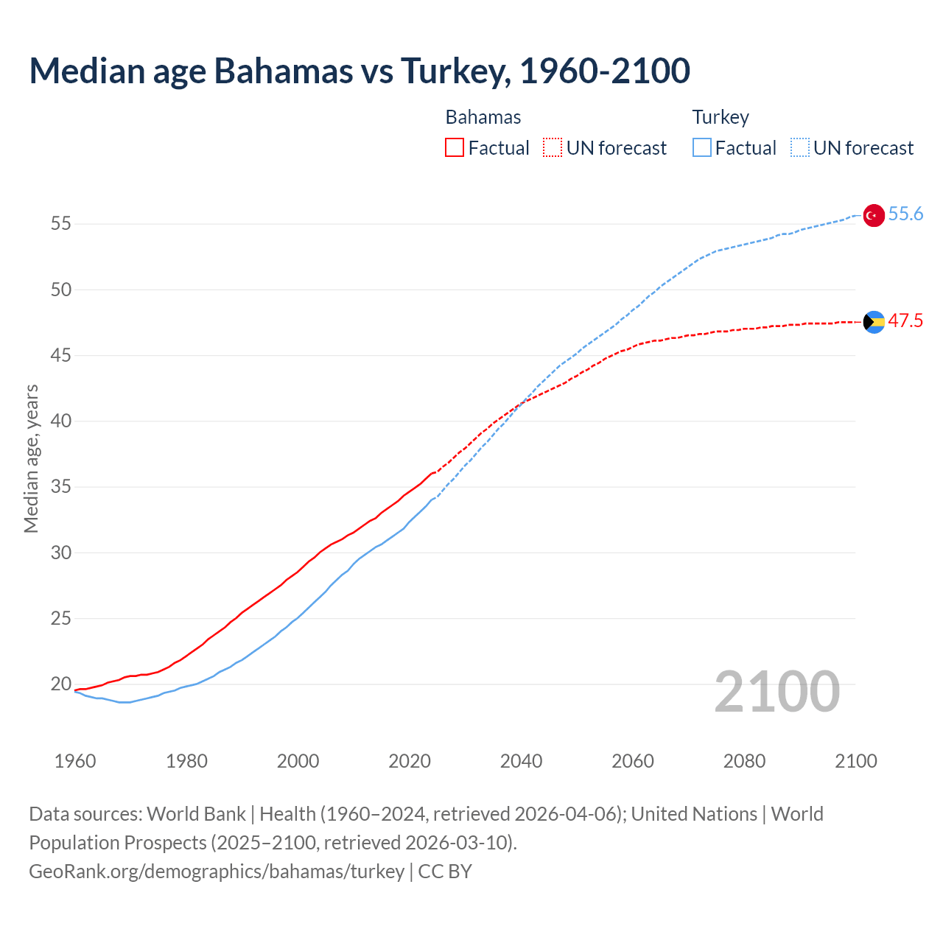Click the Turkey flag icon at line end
(x=873, y=215)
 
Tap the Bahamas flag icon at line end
(x=874, y=322)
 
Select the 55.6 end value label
(x=905, y=214)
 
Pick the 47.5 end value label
(x=905, y=321)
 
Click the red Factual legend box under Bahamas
(x=455, y=148)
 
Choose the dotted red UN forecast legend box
(x=553, y=148)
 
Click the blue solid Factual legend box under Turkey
(x=702, y=148)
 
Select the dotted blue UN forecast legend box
(x=800, y=148)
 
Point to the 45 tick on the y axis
(x=61, y=356)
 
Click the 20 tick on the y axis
(x=61, y=684)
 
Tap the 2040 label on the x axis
(x=521, y=761)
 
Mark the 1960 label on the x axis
(x=75, y=761)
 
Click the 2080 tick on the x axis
(x=744, y=761)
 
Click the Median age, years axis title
(x=31, y=458)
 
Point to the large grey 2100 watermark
(x=777, y=692)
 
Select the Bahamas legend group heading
(x=483, y=118)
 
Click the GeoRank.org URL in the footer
(x=217, y=872)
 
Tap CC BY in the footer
(x=445, y=872)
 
